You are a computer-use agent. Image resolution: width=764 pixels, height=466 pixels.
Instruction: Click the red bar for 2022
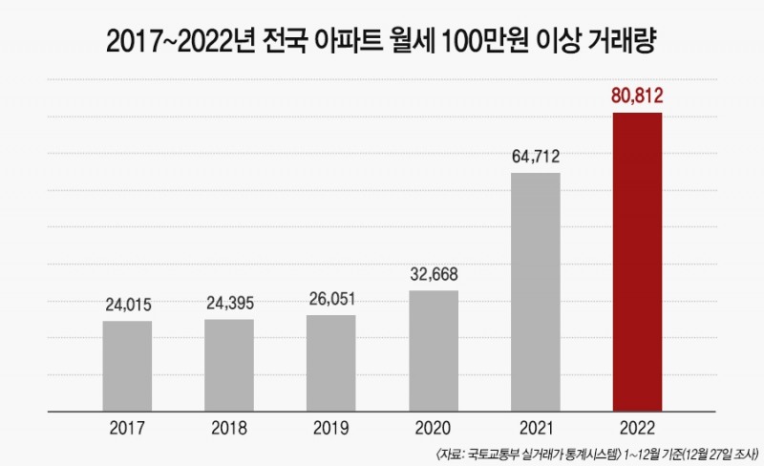637,263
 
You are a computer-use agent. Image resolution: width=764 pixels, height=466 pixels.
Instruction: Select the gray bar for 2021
536,292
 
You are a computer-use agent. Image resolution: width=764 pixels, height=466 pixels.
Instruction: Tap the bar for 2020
434,350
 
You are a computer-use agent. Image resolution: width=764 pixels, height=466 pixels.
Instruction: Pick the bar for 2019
331,363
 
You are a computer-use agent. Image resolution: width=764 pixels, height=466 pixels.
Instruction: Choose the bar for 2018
229,366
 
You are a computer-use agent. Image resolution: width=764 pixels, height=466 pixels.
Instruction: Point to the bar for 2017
127,367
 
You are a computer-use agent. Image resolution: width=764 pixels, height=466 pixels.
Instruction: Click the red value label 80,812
637,95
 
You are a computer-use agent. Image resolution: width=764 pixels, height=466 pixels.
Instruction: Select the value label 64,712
536,156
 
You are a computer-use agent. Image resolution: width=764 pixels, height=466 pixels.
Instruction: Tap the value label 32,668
434,274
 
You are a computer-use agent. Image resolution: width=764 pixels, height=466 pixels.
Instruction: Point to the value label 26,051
331,299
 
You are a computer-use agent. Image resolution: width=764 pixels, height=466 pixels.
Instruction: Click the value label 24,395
229,305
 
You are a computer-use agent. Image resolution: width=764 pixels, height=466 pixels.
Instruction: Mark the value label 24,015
127,306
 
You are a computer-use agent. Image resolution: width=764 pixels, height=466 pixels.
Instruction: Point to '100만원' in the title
499,43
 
